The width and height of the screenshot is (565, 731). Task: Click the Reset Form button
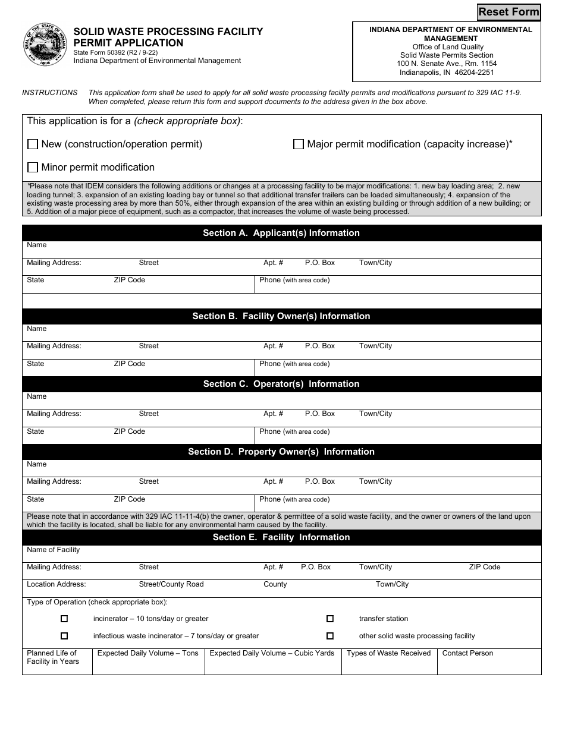click(508, 12)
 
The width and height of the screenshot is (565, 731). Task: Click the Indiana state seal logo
click(45, 45)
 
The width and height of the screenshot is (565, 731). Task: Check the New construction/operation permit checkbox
click(33, 144)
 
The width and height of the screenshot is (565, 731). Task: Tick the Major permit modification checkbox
click(299, 144)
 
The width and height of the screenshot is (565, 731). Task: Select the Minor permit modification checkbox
click(33, 168)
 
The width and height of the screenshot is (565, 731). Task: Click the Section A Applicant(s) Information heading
click(281, 233)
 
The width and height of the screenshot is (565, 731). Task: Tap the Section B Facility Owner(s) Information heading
click(281, 316)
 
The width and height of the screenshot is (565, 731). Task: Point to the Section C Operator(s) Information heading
click(281, 384)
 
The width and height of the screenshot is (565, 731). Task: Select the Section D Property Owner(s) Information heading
click(281, 452)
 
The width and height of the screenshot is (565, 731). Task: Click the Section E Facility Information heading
click(281, 537)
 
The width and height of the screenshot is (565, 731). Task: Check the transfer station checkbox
click(330, 619)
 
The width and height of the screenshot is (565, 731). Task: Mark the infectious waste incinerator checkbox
click(64, 636)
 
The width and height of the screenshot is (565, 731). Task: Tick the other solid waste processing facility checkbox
click(330, 636)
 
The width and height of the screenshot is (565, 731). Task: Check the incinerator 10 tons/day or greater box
click(64, 619)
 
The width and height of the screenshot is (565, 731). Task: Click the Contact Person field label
click(467, 653)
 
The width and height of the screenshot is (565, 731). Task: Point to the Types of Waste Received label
click(388, 653)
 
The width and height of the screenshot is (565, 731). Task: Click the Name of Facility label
click(53, 550)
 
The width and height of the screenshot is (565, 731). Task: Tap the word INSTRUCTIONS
click(50, 93)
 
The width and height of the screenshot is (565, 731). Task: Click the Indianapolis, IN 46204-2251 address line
click(447, 73)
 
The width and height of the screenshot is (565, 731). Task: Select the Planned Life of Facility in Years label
click(53, 657)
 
